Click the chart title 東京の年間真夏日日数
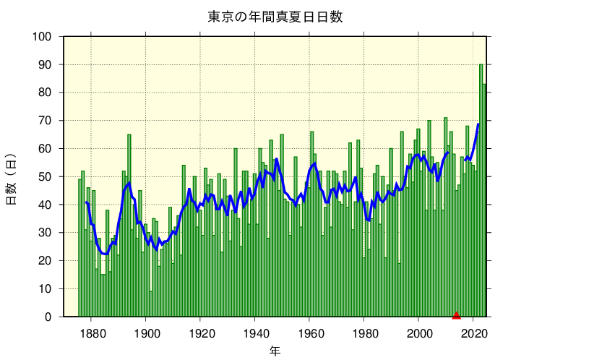coord(275,17)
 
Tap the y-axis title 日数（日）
coord(12,179)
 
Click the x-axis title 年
coord(275,351)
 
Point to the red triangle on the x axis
coord(456,314)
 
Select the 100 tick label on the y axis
coord(42,37)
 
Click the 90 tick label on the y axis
coord(45,65)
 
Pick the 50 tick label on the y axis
coord(45,177)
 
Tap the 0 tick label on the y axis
coord(48,317)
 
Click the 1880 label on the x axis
coord(92,333)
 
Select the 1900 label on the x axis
coord(147,333)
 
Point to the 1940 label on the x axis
coord(256,333)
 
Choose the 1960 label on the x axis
coord(311,333)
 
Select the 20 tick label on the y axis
coord(45,261)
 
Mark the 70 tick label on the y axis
coord(45,121)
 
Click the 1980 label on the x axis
coord(365,333)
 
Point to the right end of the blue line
coord(478,124)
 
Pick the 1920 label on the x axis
coord(201,333)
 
